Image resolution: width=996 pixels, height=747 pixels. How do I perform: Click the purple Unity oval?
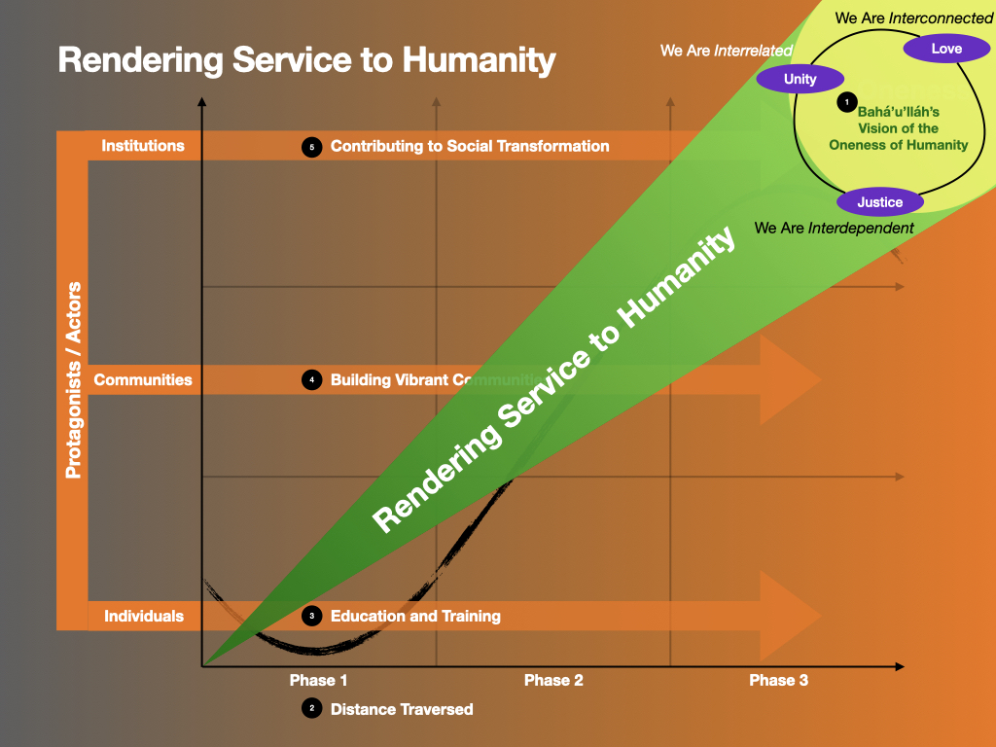800,79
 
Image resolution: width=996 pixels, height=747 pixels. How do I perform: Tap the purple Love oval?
946,49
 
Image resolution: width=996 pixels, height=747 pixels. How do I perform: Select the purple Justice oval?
879,202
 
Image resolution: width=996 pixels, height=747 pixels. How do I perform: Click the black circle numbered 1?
847,101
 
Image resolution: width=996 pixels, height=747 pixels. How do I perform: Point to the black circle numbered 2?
312,708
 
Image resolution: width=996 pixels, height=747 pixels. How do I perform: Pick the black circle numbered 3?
312,616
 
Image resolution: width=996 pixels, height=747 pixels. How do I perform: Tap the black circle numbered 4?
312,380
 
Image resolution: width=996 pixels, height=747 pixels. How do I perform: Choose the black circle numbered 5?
312,147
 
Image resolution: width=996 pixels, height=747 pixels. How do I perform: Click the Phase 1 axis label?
318,680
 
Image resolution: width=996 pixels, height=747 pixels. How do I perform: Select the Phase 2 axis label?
553,680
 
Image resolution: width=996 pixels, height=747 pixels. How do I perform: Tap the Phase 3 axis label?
779,680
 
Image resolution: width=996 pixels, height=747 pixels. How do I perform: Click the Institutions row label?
143,146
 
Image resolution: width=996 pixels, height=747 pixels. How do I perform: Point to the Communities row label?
143,380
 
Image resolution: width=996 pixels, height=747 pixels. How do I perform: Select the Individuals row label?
144,616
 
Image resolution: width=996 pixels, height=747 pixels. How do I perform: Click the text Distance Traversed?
402,709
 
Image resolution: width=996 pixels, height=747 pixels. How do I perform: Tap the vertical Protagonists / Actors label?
74,380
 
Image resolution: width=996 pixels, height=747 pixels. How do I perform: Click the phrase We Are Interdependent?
834,228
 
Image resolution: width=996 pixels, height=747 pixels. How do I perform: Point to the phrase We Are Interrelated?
726,51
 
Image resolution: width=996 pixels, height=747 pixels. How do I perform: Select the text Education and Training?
415,616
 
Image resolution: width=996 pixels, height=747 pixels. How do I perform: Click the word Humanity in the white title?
479,61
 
